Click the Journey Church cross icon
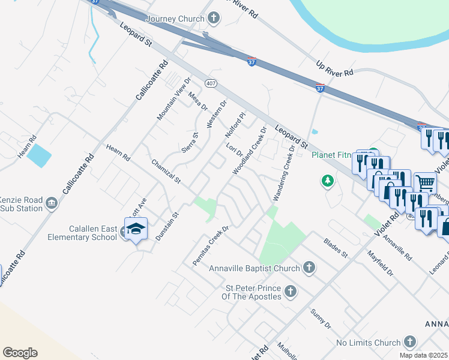click(214, 19)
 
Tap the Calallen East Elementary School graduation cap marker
click(136, 229)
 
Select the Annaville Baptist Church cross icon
click(309, 268)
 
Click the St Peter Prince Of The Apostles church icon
click(291, 292)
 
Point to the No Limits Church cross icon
click(409, 343)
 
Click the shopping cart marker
click(424, 182)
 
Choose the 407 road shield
click(210, 82)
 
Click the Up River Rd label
click(335, 68)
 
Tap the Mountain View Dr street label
click(173, 98)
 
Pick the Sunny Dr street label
click(321, 318)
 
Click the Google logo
click(20, 353)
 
